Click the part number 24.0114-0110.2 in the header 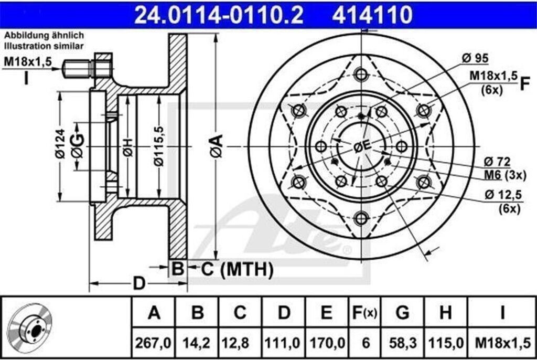[x=219, y=14]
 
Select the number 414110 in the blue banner [x=372, y=14]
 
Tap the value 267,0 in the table [x=154, y=343]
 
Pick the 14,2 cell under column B [x=197, y=343]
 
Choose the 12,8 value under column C [x=240, y=343]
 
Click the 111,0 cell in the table [x=284, y=343]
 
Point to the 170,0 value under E [x=326, y=343]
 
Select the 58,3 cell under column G [x=402, y=343]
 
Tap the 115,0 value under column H [x=445, y=343]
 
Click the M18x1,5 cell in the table [x=502, y=343]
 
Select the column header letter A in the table [x=154, y=313]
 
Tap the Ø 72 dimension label [x=497, y=161]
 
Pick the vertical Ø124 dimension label [x=61, y=143]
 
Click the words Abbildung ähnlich [x=44, y=36]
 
